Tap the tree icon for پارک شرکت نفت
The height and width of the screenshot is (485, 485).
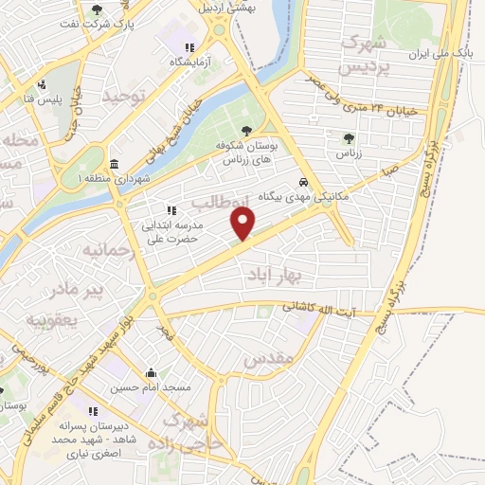tap(98, 10)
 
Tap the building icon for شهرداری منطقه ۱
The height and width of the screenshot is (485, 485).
tap(114, 163)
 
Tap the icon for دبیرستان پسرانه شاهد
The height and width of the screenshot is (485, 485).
tap(93, 411)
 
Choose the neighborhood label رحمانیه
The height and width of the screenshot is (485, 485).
tap(98, 251)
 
